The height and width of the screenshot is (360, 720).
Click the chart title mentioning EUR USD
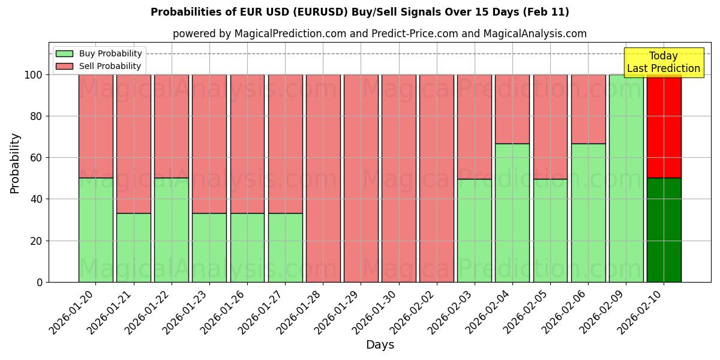(x=359, y=12)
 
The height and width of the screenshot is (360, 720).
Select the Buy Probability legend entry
(x=110, y=53)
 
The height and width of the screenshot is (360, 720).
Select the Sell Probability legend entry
(x=110, y=66)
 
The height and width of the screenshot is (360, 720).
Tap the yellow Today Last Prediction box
(x=663, y=62)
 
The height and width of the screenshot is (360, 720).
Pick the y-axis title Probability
(x=15, y=163)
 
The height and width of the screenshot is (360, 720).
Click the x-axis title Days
(x=380, y=344)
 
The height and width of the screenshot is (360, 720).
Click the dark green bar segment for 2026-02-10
(x=664, y=230)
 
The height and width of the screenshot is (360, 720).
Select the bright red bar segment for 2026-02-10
(x=664, y=126)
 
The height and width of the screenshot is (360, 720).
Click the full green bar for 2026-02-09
(x=626, y=178)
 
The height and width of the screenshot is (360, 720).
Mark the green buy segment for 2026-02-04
(x=512, y=213)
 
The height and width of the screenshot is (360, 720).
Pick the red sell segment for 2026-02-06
(x=588, y=109)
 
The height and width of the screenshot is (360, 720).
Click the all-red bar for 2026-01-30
(x=398, y=178)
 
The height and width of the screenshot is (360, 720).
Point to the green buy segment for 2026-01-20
(x=95, y=230)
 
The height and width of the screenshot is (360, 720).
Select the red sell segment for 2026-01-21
(x=133, y=144)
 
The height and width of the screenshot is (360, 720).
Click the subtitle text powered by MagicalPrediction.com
(x=379, y=34)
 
